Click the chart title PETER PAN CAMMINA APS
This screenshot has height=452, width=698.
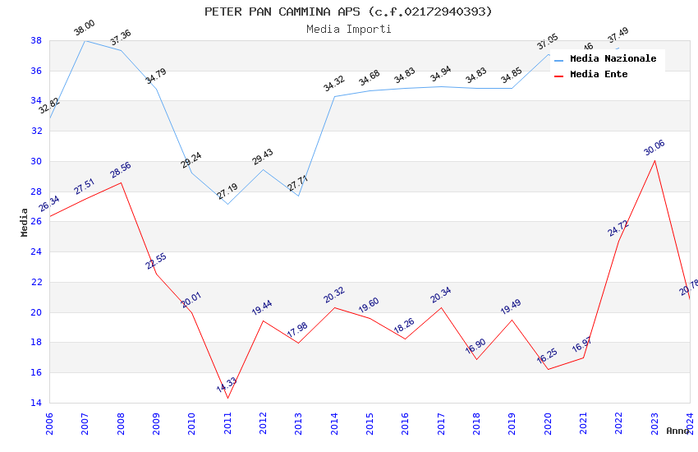(348, 12)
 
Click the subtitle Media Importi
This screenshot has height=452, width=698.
(348, 29)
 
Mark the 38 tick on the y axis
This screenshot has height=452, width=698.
(36, 40)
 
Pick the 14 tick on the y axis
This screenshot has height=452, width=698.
(36, 403)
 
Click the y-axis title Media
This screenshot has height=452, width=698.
(25, 222)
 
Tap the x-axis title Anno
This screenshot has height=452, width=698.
(677, 431)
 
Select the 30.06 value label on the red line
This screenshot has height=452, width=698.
(654, 148)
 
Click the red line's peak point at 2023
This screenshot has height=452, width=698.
(654, 160)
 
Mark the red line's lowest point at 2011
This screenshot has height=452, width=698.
(227, 398)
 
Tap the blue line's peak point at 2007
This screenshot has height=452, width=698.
(85, 40)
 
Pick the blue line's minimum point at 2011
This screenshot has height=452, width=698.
(227, 204)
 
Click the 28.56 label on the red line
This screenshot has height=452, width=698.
(121, 170)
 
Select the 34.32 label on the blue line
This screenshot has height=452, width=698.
(334, 84)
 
